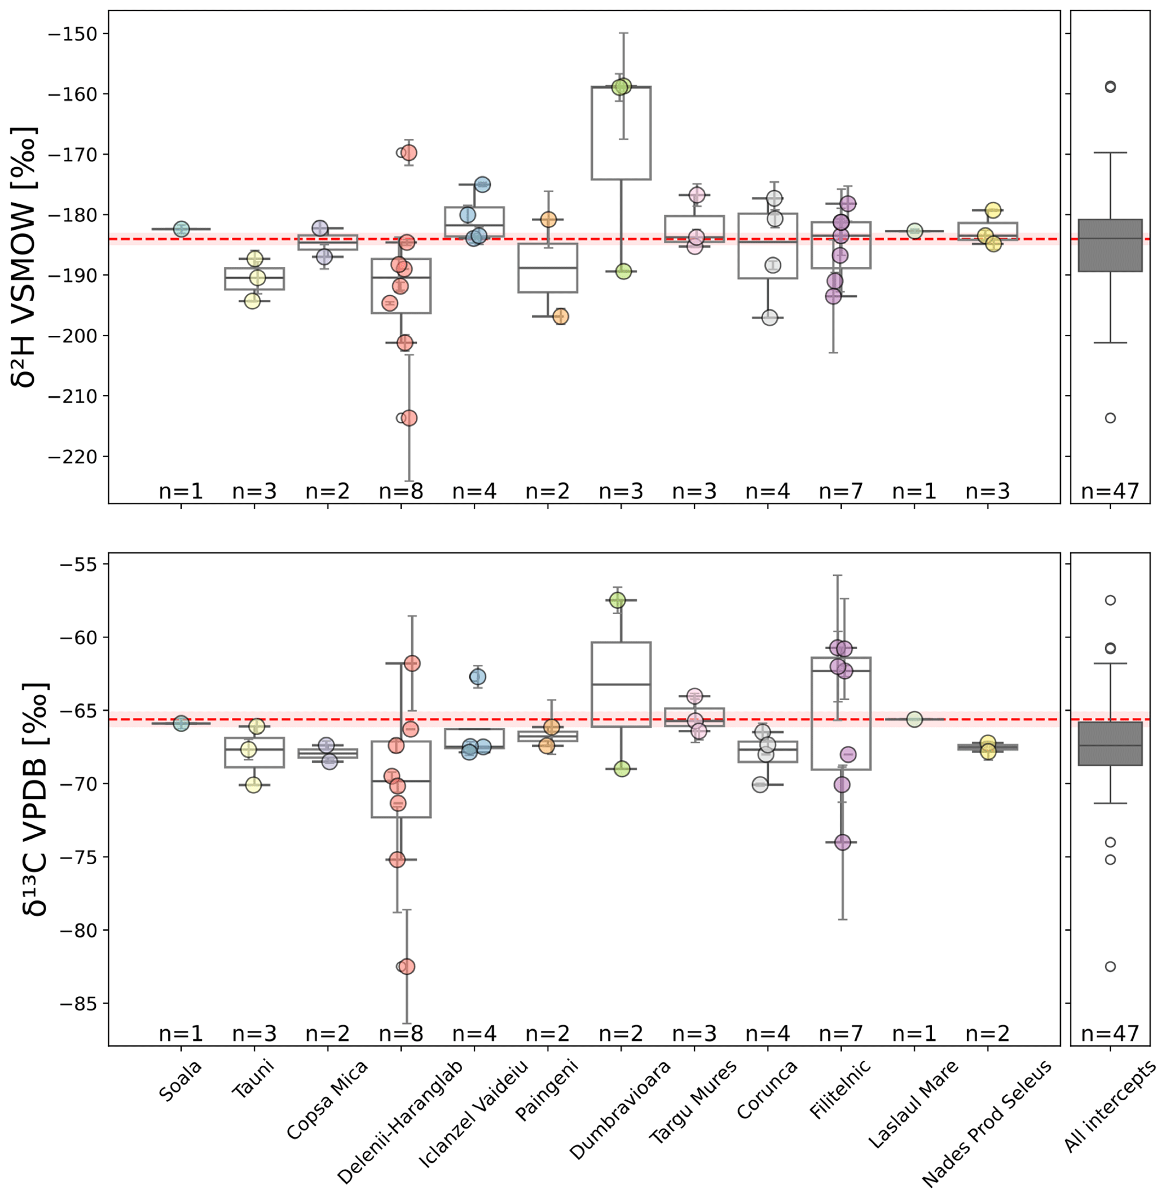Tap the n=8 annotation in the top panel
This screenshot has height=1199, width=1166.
point(401,491)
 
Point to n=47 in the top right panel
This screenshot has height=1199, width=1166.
point(1110,491)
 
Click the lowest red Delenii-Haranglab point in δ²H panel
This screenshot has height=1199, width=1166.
point(409,418)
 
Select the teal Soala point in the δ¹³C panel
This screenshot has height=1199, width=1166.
point(181,724)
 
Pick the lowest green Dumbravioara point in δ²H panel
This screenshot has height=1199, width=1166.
point(623,272)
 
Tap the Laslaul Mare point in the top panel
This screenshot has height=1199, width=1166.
point(915,231)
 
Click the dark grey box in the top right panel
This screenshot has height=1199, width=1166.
point(1110,245)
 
